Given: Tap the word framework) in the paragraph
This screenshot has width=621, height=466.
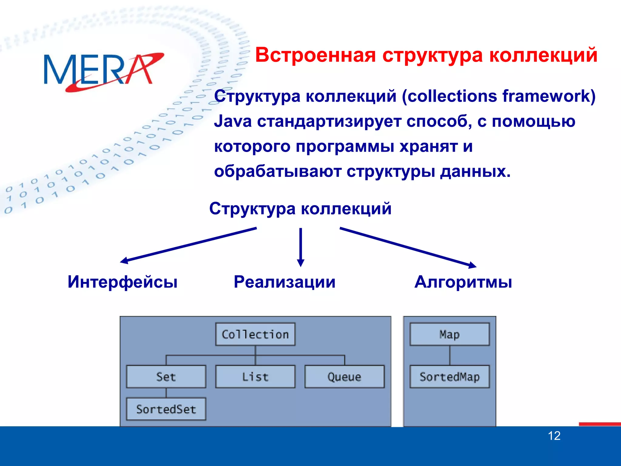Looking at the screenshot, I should click(x=549, y=96).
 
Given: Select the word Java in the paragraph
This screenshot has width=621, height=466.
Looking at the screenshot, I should click(x=233, y=121).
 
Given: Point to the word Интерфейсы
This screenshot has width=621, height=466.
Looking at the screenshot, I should click(x=123, y=282).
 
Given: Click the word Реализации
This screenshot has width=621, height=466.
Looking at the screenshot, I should click(x=284, y=282).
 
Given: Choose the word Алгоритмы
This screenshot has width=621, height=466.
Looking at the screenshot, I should click(x=463, y=282).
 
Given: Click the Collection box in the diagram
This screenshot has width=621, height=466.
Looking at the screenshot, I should click(x=255, y=334).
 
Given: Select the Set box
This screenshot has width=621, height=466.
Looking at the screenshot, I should click(x=166, y=377).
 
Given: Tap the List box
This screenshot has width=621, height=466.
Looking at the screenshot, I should click(x=255, y=377).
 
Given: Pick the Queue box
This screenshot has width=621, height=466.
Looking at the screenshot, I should click(x=344, y=377).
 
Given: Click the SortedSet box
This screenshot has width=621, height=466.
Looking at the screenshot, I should click(x=166, y=409).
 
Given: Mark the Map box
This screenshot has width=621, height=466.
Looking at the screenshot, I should click(x=449, y=334).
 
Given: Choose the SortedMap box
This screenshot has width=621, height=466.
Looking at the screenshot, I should click(x=449, y=377).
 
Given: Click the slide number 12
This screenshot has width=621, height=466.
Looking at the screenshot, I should click(x=554, y=436).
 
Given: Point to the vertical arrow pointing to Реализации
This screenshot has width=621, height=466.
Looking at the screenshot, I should click(x=300, y=246).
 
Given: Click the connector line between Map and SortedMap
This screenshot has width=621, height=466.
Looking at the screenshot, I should click(x=450, y=355).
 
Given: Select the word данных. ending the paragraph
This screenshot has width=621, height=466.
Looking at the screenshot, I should click(x=475, y=172).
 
